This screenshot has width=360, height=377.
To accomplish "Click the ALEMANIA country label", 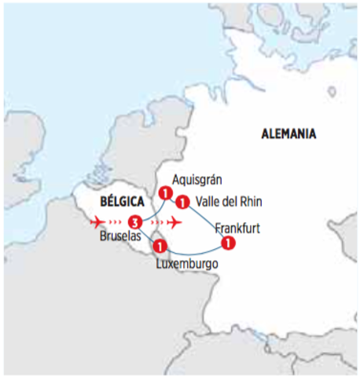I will click(x=288, y=134).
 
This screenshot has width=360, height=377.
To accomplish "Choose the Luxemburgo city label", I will click(x=185, y=265).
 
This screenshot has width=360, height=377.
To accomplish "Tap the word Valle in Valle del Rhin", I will click(x=208, y=201).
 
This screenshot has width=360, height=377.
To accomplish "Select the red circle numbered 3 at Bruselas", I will click(x=134, y=221).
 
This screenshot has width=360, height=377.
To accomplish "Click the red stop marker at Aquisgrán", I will click(x=165, y=193).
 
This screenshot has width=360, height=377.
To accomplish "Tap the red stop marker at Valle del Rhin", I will click(x=182, y=201).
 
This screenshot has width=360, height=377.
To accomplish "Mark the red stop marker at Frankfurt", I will click(x=227, y=243).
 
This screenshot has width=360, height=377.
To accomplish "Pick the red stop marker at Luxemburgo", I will click(x=160, y=246).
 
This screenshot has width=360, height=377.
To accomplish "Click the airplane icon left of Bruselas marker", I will click(x=99, y=221).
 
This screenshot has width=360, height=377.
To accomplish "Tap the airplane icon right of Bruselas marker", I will click(x=175, y=221).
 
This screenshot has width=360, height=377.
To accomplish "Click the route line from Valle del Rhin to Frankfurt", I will click(x=207, y=219).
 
